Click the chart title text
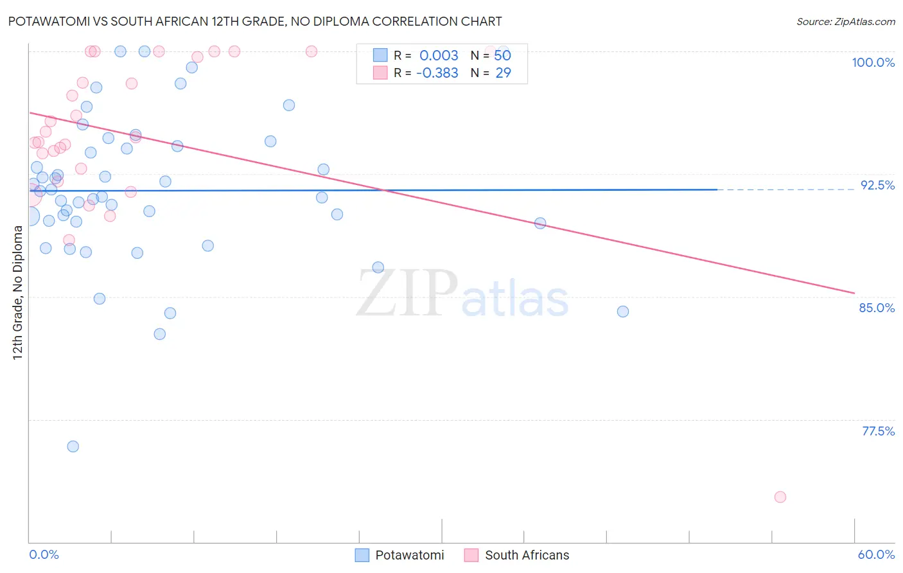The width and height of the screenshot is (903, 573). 255,21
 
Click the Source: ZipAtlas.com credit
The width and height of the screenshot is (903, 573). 845,21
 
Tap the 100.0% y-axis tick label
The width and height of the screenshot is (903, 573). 873,62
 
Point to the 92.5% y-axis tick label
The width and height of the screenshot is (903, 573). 877,185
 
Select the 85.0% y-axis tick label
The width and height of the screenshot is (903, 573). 877,308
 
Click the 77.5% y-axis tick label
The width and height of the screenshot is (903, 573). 878,431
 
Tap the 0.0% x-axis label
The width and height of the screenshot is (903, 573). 44,554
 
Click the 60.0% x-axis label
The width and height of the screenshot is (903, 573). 876,554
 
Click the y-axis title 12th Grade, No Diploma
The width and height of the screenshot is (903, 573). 17,292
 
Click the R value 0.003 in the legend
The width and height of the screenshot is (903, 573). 439,56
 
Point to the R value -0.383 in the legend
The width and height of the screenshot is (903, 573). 437,73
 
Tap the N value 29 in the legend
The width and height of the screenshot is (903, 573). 503,73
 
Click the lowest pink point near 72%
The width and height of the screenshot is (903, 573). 780,497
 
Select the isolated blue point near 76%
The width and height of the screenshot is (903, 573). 73,446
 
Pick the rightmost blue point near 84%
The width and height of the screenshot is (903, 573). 623,312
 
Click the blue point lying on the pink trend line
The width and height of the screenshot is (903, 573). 540,223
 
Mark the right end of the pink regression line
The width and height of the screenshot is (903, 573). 854,293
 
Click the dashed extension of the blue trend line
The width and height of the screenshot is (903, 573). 784,190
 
